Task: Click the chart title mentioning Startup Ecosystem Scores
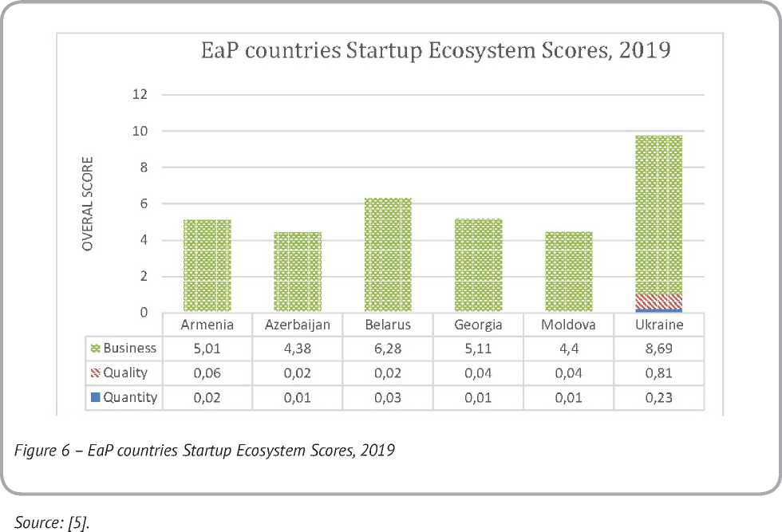(434, 53)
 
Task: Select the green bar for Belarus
(388, 255)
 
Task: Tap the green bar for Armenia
(207, 266)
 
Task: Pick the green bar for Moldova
(568, 272)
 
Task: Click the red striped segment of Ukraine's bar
(658, 301)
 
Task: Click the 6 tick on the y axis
(144, 204)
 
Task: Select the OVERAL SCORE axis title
(89, 204)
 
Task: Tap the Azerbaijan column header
(297, 325)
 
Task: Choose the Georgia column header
(477, 325)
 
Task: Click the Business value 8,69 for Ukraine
(658, 349)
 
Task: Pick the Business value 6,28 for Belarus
(388, 349)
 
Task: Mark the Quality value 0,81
(658, 372)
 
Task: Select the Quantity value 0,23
(658, 397)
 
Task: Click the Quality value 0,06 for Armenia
(207, 372)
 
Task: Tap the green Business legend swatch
(97, 349)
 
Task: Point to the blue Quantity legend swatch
(97, 397)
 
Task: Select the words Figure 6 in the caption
(40, 451)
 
